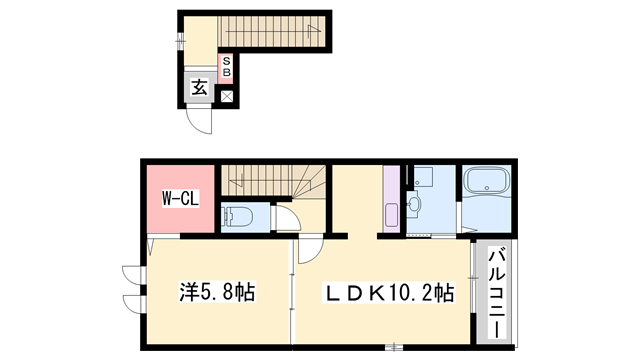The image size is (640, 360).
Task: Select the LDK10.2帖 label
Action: click(388, 294)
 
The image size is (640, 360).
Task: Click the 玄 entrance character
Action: click(198, 88)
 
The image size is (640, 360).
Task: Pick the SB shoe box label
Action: click(226, 68)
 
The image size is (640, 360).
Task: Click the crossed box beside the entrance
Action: click(227, 96)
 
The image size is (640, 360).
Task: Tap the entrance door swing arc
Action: click(204, 122)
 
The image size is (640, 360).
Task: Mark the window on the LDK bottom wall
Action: click(396, 348)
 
